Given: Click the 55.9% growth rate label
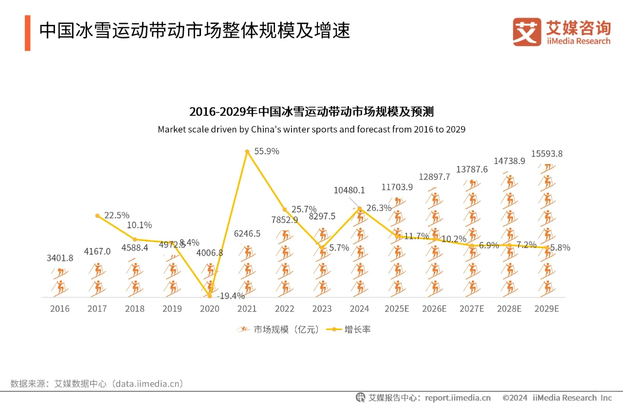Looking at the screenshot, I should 267,151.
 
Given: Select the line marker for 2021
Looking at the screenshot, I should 247,152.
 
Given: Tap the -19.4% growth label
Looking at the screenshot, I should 231,295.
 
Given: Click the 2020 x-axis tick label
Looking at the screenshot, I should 210,309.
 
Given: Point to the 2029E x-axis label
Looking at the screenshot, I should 547,309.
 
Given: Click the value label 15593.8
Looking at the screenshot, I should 547,154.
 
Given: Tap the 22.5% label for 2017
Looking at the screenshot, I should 117,215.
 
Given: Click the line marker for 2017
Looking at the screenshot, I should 97,216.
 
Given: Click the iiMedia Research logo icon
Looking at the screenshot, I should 527,32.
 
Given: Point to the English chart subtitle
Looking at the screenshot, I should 311,129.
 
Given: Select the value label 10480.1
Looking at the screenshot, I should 349,190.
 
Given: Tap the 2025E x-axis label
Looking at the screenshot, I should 397,309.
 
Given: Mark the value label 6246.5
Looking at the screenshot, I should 247,234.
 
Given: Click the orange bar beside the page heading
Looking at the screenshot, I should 28,33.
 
